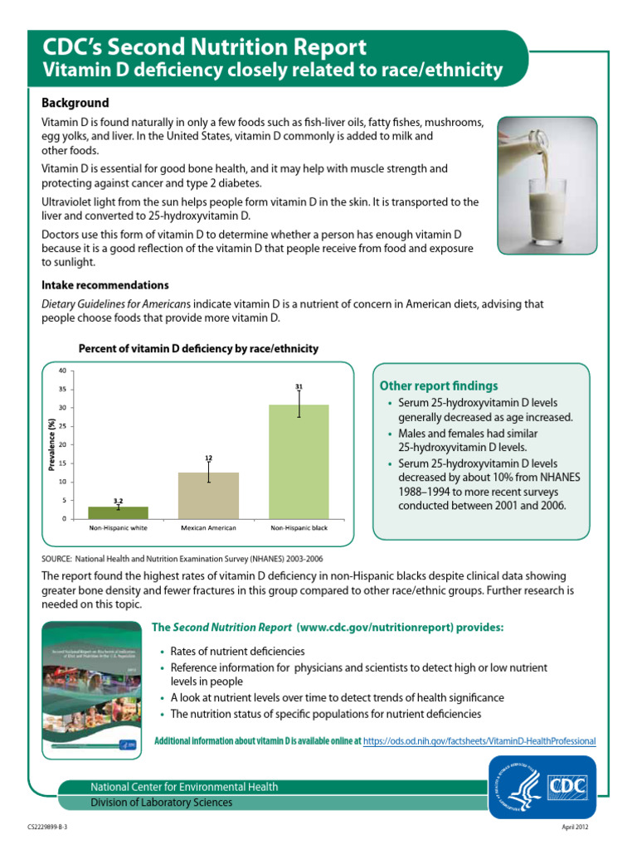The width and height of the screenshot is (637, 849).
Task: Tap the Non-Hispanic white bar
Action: click(x=119, y=512)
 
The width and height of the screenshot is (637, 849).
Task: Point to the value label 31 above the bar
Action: click(x=299, y=386)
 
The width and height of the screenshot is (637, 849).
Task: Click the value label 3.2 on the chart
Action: click(x=119, y=501)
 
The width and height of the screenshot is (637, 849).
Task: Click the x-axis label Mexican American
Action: click(x=208, y=528)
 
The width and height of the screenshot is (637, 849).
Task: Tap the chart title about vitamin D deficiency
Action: click(x=198, y=349)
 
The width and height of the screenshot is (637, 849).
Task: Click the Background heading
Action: click(x=75, y=103)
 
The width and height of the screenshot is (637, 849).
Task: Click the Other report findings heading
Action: click(x=439, y=386)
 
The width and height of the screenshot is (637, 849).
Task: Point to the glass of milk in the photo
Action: click(x=543, y=206)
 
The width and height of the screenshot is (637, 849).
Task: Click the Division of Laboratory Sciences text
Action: click(x=162, y=803)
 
